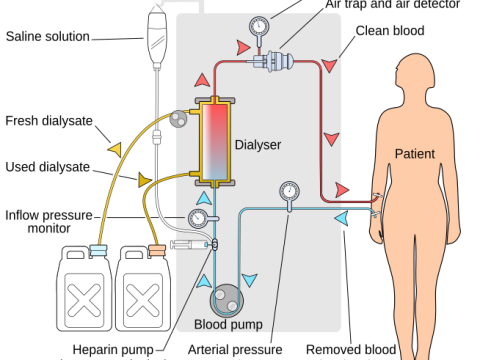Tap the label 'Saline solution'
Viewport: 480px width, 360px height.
click(x=48, y=37)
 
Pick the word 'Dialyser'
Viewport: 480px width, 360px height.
click(x=258, y=145)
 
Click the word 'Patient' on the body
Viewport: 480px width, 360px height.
click(x=415, y=154)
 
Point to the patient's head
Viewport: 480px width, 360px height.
click(x=414, y=75)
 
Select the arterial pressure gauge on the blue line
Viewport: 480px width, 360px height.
click(x=290, y=190)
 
